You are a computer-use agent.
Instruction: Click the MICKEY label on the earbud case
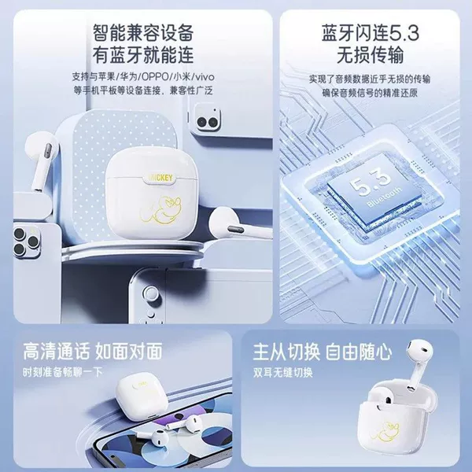tap(161, 178)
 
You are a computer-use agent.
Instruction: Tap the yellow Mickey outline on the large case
tap(161, 209)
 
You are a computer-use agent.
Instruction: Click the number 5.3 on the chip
tap(370, 183)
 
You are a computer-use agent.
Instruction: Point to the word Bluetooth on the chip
tap(385, 197)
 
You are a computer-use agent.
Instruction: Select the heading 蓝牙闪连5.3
tap(370, 33)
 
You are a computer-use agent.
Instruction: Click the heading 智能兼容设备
tap(143, 32)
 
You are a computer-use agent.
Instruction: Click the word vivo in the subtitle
tap(205, 77)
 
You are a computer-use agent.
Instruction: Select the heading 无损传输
tap(370, 55)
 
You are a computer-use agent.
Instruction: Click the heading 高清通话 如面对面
tap(93, 351)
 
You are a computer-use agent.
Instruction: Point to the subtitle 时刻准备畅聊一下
tap(63, 372)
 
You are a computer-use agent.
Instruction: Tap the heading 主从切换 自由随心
tap(323, 352)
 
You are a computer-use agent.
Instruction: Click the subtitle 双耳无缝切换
tap(283, 373)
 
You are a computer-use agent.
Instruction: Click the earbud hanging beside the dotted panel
tap(42, 161)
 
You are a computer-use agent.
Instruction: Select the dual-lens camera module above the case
tap(208, 116)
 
